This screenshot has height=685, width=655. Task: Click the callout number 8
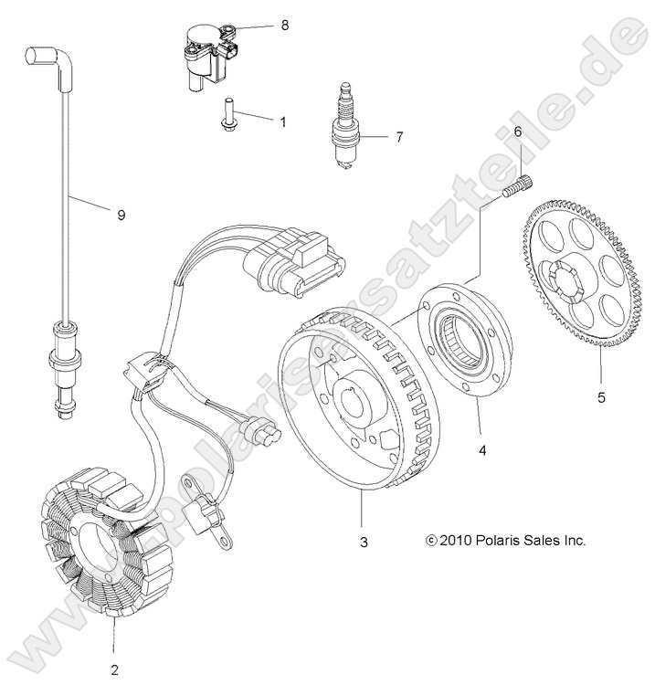[x=284, y=26]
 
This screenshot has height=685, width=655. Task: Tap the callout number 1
[x=282, y=121]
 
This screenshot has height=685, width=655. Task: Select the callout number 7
[x=398, y=138]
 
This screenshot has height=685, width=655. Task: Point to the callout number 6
[x=517, y=132]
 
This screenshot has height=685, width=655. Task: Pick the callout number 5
[x=575, y=397]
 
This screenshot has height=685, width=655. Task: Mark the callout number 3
[x=364, y=543]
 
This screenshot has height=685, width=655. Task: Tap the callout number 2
[x=114, y=669]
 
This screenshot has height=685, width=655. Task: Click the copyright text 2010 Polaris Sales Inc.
[x=505, y=540]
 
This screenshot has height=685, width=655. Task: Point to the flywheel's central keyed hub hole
[x=350, y=403]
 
